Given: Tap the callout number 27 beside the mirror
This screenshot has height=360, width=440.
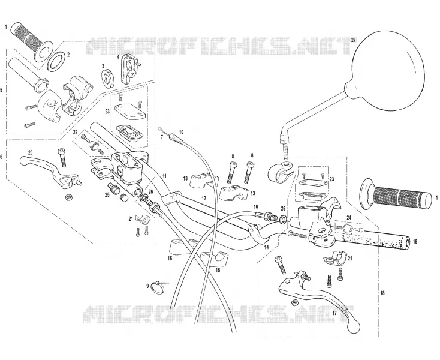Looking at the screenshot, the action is tap(353, 40).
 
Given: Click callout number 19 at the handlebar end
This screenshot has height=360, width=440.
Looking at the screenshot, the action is tap(415, 241).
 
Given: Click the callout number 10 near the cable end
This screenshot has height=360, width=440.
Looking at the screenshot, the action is tap(181, 132).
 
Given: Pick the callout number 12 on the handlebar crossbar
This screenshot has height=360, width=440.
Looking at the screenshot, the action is tap(204, 198).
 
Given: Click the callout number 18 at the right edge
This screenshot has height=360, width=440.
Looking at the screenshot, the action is tap(382, 293).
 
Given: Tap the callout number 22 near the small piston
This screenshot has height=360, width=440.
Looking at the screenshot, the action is tap(75, 132).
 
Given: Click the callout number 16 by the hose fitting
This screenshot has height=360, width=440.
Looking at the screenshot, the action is tap(255, 206).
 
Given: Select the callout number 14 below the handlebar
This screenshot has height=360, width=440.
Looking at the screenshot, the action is tap(266, 247).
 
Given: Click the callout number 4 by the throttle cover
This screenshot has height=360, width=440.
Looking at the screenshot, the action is tap(119, 56).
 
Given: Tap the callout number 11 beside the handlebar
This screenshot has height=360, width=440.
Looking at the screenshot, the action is tap(164, 176).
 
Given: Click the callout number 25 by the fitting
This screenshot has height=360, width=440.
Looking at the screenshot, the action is tap(107, 194).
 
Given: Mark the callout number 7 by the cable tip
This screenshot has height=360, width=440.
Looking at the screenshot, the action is tap(162, 137).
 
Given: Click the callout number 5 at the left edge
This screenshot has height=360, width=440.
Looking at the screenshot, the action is tap(2, 90).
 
